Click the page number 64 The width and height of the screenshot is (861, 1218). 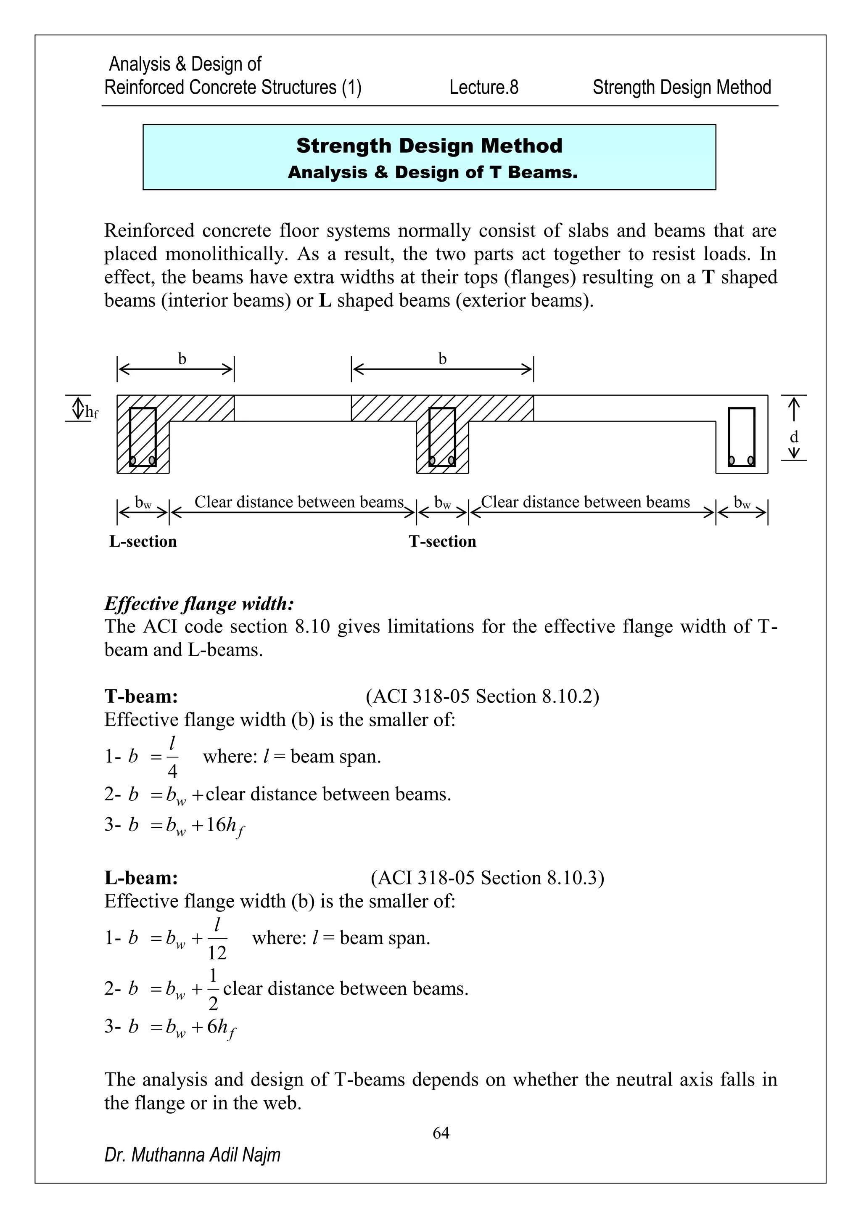pyautogui.click(x=441, y=1133)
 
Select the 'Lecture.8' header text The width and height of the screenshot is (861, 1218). pyautogui.click(x=483, y=87)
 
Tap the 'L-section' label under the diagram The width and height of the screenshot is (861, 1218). pyautogui.click(x=143, y=541)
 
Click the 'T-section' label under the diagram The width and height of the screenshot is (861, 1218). pyautogui.click(x=442, y=541)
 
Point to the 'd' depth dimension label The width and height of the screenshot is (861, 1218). pyautogui.click(x=794, y=437)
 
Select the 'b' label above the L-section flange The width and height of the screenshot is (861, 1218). pyautogui.click(x=182, y=359)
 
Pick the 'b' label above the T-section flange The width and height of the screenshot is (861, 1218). pyautogui.click(x=442, y=359)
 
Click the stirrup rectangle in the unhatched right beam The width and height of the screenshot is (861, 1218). pyautogui.click(x=741, y=437)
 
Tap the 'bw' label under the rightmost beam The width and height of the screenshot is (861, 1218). pyautogui.click(x=742, y=502)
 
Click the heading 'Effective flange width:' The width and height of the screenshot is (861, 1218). pyautogui.click(x=199, y=603)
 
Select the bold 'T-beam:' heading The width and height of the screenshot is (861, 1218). pyautogui.click(x=141, y=696)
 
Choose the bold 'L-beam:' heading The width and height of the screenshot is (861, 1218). pyautogui.click(x=141, y=877)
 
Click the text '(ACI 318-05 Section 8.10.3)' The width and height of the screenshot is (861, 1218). pyautogui.click(x=487, y=877)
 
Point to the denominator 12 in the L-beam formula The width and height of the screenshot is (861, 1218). pyautogui.click(x=217, y=953)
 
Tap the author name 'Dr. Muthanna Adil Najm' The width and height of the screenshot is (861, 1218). pyautogui.click(x=193, y=1154)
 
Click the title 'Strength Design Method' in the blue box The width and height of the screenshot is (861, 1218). pyautogui.click(x=429, y=146)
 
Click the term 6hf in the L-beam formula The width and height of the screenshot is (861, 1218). pyautogui.click(x=221, y=1028)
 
